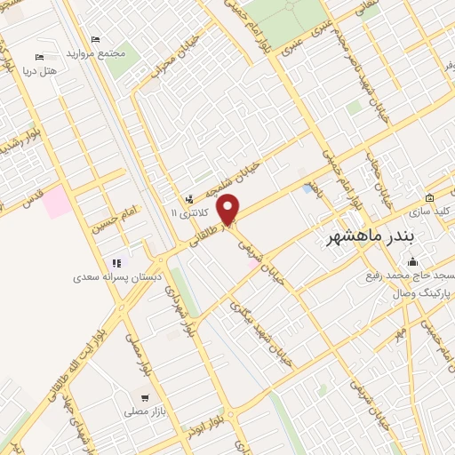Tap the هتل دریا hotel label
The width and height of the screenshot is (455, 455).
point(61,70)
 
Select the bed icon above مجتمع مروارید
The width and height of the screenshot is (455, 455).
point(96,39)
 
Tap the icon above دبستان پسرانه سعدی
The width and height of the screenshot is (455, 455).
point(116,263)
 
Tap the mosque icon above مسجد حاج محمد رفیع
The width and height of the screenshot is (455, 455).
point(411,261)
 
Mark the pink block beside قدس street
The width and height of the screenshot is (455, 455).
point(57,202)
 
